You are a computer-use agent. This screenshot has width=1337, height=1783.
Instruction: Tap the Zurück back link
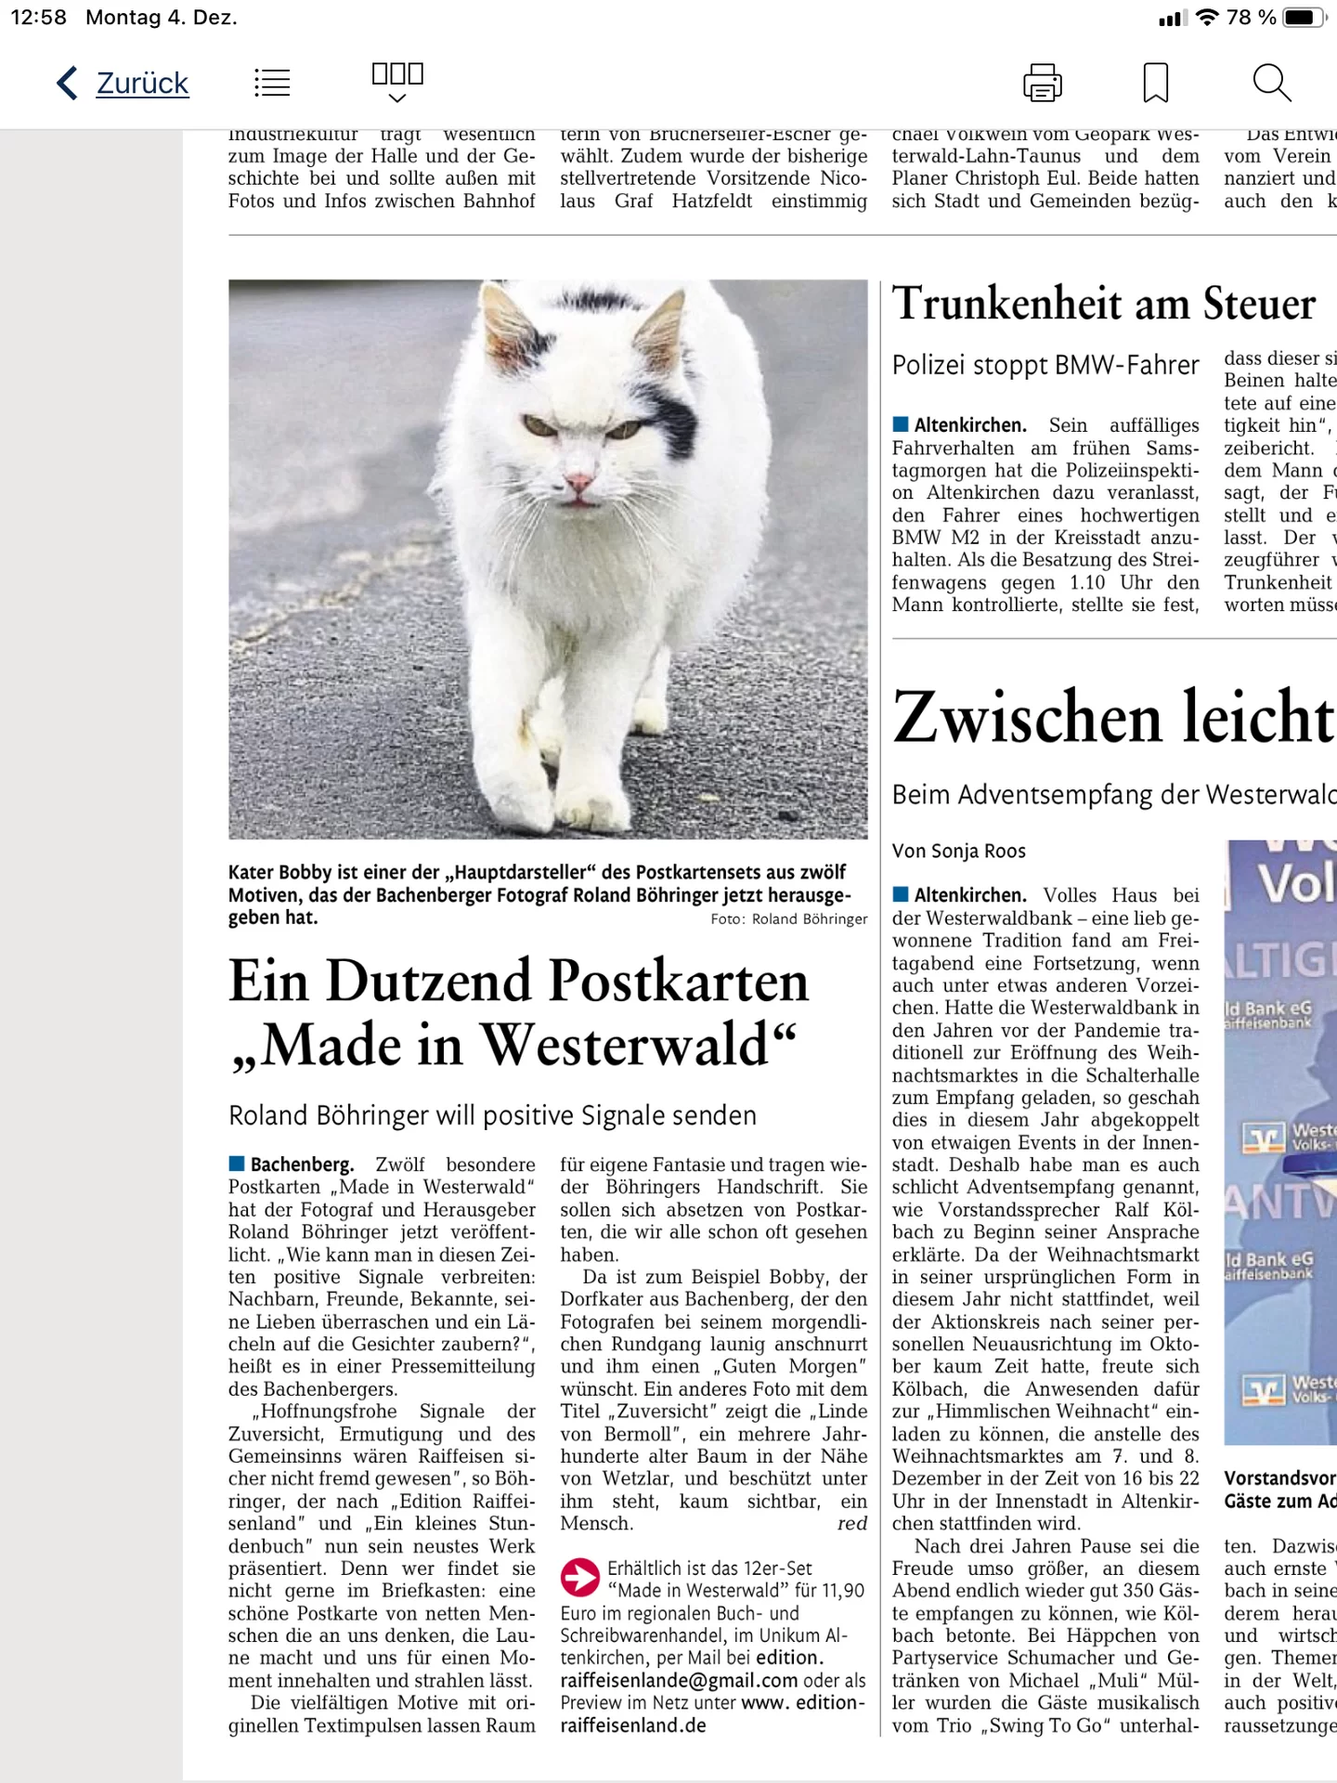point(141,84)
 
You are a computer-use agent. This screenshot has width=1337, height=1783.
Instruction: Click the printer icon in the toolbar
point(1042,84)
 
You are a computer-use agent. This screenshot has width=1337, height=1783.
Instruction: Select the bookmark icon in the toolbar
point(1155,84)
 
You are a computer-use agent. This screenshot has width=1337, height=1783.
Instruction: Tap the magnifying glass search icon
point(1271,84)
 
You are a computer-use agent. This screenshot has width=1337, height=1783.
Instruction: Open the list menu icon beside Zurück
point(272,84)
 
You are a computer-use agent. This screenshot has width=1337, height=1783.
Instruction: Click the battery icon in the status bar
point(1304,18)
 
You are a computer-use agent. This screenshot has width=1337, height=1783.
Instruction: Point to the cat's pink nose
point(579,482)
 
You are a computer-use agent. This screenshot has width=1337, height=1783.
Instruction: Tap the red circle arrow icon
point(580,1577)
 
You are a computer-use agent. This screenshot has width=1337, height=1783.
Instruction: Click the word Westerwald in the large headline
point(628,1046)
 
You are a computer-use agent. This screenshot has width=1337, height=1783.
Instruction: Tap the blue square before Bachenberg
point(237,1164)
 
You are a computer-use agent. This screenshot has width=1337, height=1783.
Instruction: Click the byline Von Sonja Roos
point(958,851)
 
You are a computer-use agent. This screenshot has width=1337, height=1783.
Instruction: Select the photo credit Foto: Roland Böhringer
point(788,919)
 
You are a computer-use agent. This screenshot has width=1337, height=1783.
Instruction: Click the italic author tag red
point(851,1524)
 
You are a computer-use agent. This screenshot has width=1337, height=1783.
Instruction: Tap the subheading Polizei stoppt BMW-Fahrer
point(1045,366)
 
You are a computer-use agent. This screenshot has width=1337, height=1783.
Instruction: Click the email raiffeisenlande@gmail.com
point(679,1680)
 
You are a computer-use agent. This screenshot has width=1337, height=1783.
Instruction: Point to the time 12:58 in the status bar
point(38,18)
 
